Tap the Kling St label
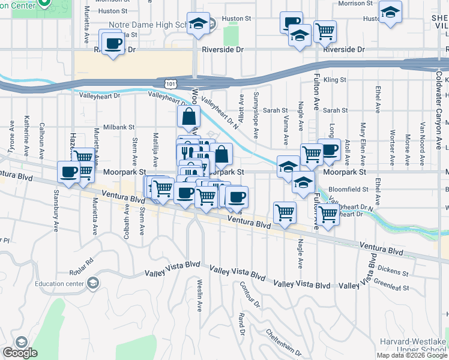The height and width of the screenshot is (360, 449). [x=335, y=80]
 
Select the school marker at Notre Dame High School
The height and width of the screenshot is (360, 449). [x=198, y=24]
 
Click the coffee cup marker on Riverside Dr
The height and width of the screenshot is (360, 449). [x=113, y=43]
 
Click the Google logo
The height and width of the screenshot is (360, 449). [x=20, y=353]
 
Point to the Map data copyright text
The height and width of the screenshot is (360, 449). [x=412, y=355]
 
